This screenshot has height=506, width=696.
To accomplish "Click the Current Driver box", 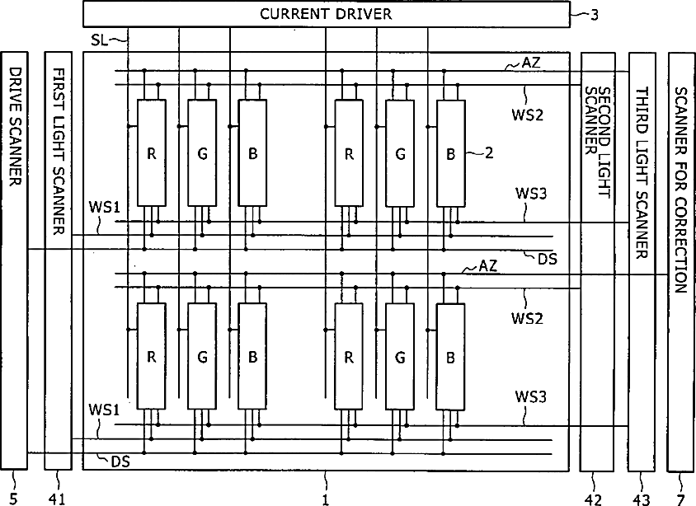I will coord(326,14).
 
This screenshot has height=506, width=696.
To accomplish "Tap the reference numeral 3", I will coord(594,14).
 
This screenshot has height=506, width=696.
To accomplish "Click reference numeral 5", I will coord(13,497).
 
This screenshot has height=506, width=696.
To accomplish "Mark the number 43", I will coord(642,497).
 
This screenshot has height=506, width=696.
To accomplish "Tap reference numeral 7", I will coord(680,497).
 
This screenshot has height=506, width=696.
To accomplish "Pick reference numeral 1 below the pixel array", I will coord(326,497).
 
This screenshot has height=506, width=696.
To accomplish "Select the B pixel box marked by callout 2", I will coord(450,152).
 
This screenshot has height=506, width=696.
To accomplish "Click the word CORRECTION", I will coord(680,238).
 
